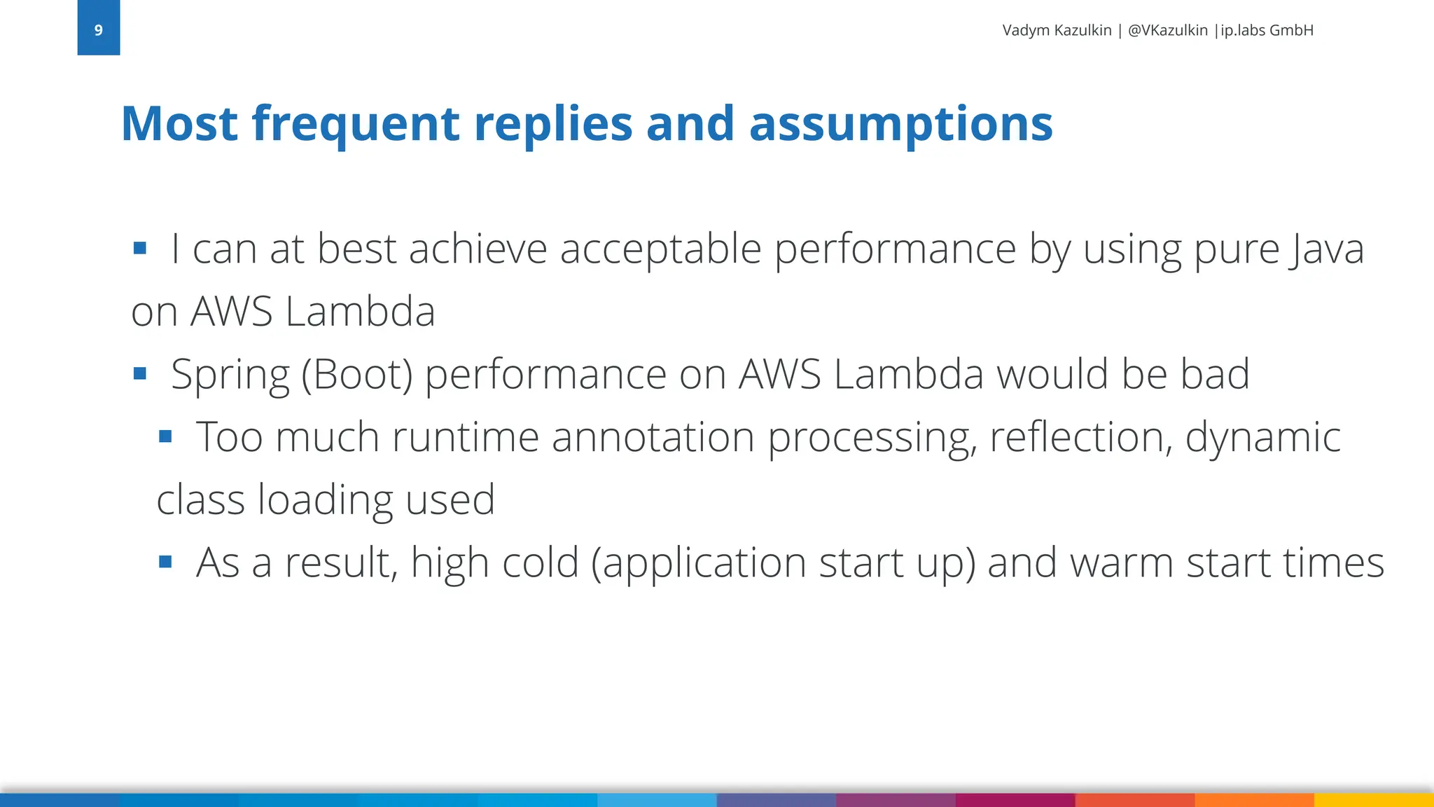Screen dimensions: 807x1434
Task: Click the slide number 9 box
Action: tap(98, 28)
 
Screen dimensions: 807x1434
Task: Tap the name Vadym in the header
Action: tap(1026, 30)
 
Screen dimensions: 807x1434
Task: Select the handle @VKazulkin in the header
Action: tap(1167, 30)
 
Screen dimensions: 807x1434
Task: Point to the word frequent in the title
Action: tap(355, 123)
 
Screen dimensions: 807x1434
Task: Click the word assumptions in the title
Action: tap(900, 123)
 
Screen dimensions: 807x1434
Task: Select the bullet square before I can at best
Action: tap(139, 248)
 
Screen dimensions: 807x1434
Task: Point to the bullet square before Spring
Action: tap(139, 373)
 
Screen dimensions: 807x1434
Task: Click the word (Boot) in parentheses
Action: tap(357, 375)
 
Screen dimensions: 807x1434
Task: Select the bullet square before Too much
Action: tap(165, 437)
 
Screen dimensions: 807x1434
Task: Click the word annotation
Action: tap(653, 437)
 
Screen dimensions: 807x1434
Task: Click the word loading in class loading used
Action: tap(324, 500)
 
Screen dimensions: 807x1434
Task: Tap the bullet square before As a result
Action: tap(165, 562)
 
